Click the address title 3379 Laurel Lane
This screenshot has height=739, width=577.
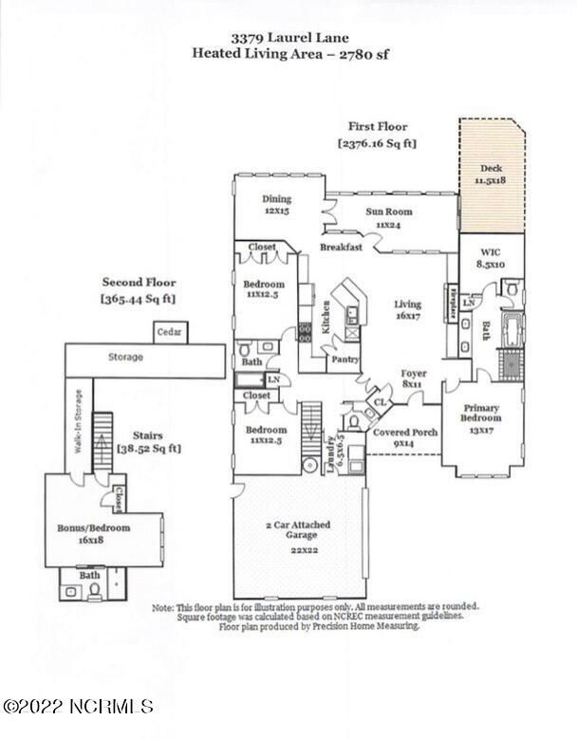click(289, 38)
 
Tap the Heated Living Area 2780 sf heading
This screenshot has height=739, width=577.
click(289, 54)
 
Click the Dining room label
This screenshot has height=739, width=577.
click(276, 205)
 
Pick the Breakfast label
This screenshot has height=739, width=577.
click(341, 247)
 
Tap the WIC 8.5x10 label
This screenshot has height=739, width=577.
click(489, 261)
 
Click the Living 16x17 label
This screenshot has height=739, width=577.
click(407, 310)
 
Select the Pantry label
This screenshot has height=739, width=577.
click(344, 360)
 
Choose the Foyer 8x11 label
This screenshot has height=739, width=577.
click(413, 379)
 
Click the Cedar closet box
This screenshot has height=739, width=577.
click(173, 333)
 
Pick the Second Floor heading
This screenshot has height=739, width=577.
click(139, 282)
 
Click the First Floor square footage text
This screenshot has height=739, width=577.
click(377, 143)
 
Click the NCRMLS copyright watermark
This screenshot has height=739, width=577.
click(78, 706)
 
